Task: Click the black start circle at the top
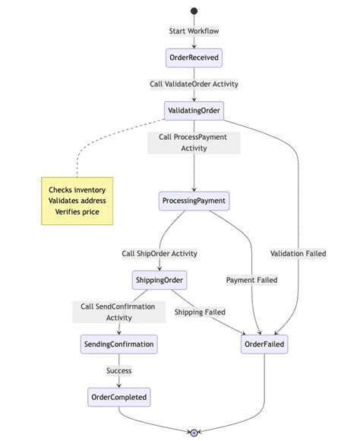coord(194,11)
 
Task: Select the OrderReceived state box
coord(194,59)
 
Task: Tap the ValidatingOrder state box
coord(194,111)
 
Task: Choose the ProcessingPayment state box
coord(194,201)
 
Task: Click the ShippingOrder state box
coord(159,280)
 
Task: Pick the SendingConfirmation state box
coord(118,344)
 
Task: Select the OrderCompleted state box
coord(118,397)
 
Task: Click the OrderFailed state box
coord(264,344)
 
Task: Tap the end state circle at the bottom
coord(194,433)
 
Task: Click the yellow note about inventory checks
coord(77,201)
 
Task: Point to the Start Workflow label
coord(194,31)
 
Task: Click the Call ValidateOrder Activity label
coord(194,84)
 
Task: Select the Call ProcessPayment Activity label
coord(194,143)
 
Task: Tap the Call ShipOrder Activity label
coord(159,254)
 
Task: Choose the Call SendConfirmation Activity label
coord(118,313)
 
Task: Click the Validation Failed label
coord(298,254)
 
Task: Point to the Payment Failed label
coord(252,280)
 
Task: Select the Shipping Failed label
coord(199,312)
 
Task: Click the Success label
coord(118,371)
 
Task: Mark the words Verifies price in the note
coord(77,211)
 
